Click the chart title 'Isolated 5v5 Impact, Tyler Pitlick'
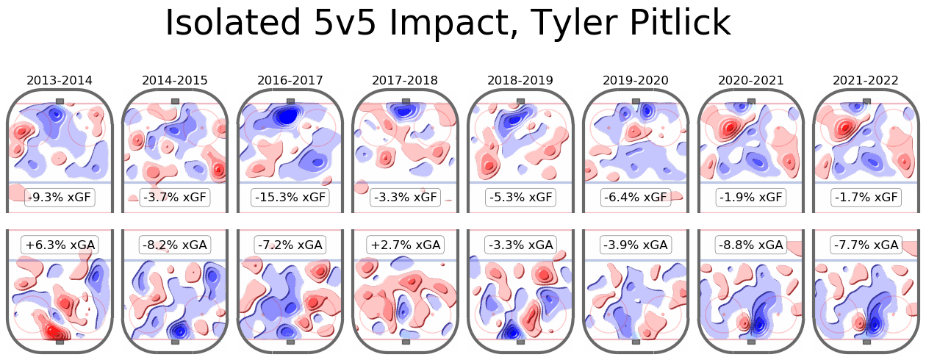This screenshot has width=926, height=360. [448, 24]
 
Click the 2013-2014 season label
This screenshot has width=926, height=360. [60, 80]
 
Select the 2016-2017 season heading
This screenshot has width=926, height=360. [290, 80]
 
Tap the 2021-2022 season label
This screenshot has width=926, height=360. [866, 80]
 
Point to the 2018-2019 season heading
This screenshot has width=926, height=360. [520, 80]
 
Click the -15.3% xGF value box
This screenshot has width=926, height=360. [290, 198]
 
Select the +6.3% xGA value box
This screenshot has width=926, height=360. [60, 245]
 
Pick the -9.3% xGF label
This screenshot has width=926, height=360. [60, 198]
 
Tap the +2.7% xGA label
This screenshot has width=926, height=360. [405, 245]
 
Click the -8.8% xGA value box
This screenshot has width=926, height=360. [750, 245]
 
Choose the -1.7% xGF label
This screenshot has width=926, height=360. [866, 198]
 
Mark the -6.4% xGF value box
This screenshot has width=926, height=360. [636, 198]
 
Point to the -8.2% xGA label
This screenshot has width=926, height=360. [175, 245]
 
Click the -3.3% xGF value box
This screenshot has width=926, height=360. [405, 198]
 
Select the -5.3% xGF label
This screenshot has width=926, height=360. [520, 198]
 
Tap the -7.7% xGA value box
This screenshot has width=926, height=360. [866, 245]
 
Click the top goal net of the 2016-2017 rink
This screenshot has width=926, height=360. [290, 101]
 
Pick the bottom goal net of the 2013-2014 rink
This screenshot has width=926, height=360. [60, 342]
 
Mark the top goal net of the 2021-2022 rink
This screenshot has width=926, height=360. [866, 101]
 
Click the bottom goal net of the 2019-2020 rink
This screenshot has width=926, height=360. [636, 342]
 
